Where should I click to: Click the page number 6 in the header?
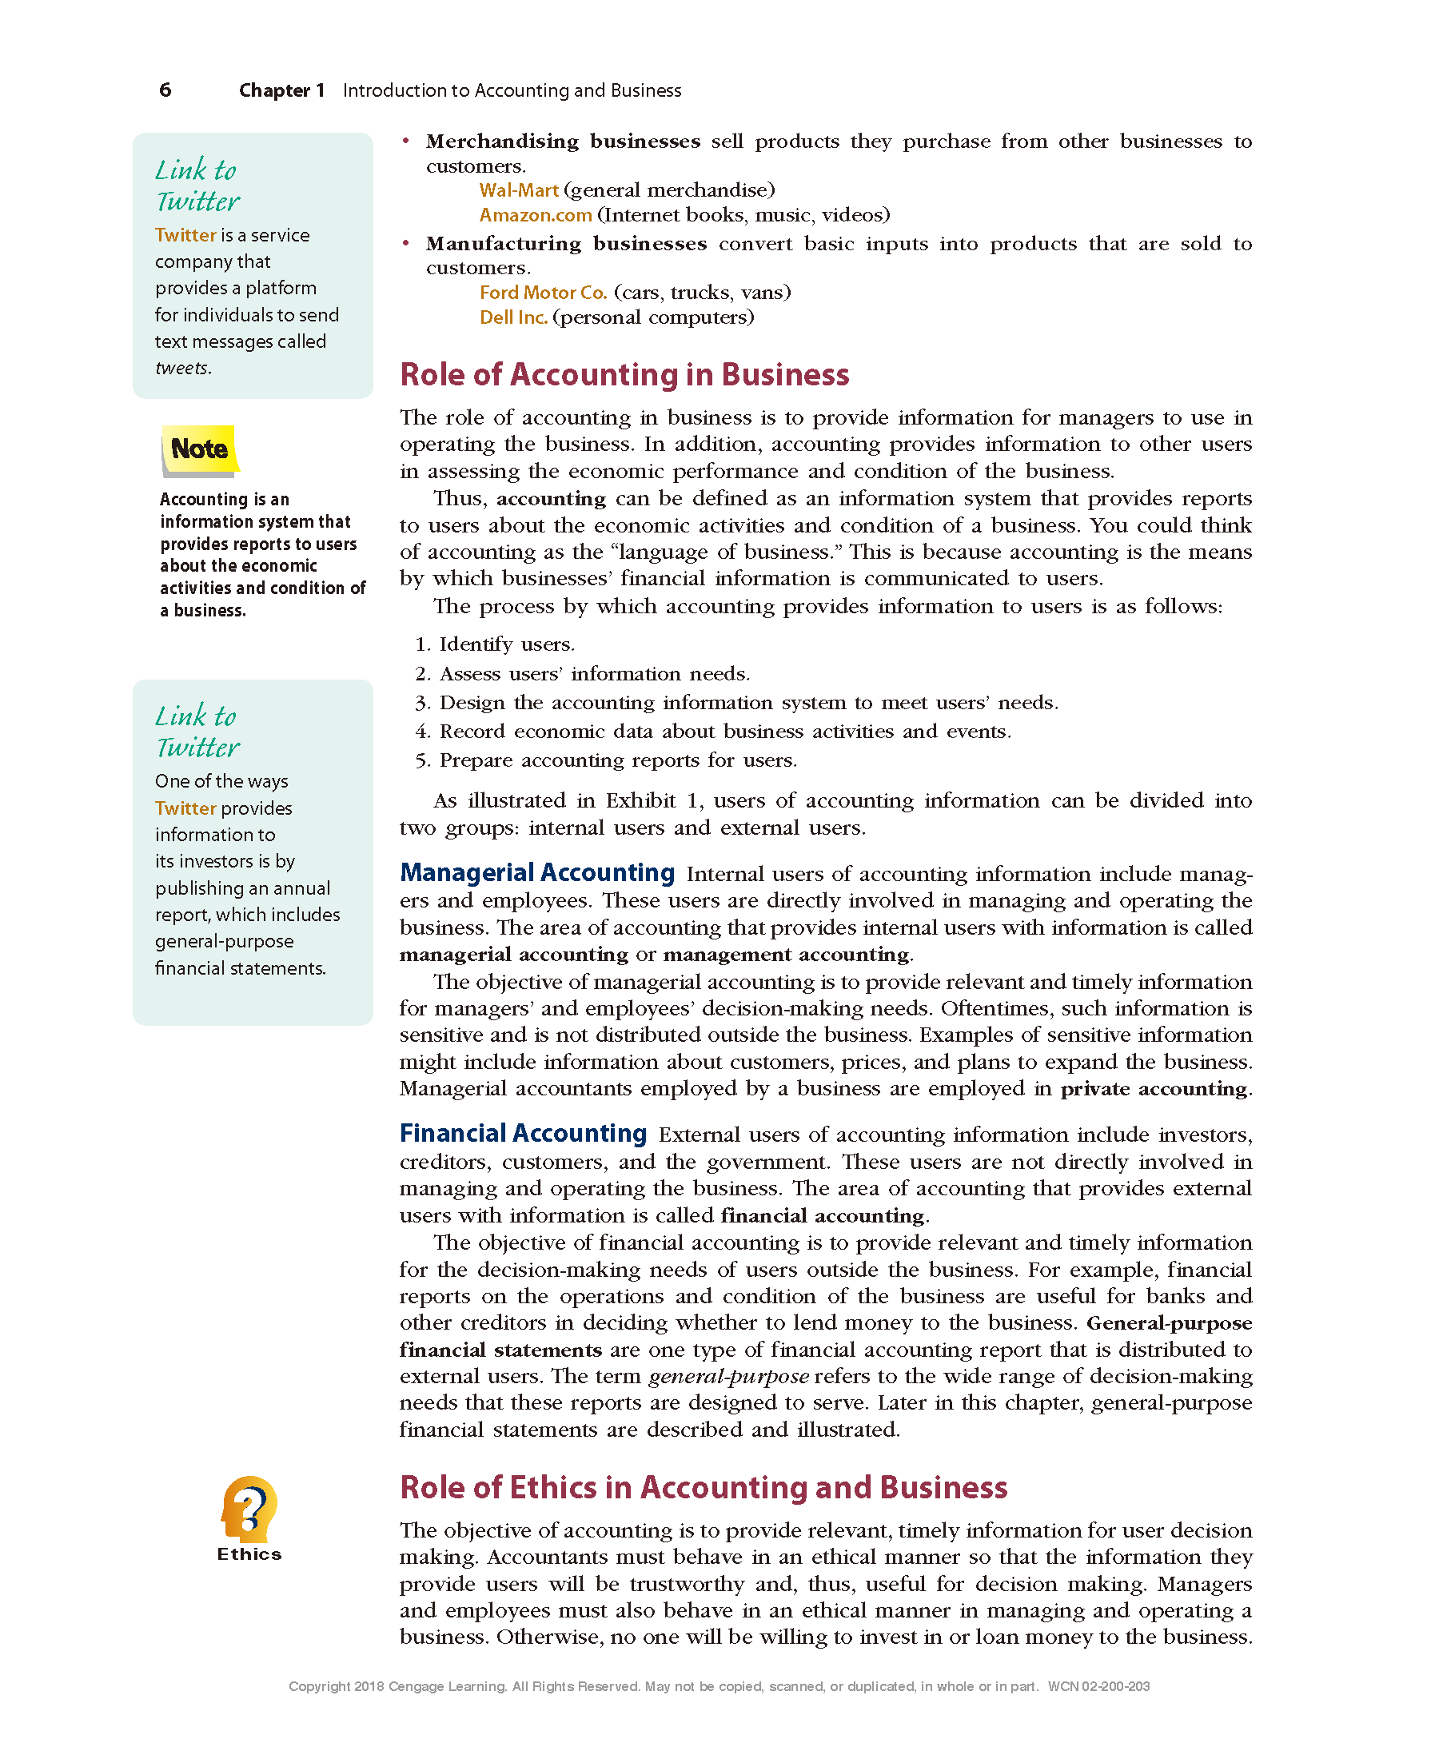[x=165, y=90]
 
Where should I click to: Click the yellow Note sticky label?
[x=200, y=449]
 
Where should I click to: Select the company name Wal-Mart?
[x=519, y=190]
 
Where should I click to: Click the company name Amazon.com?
[x=536, y=215]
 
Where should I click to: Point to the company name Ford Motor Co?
[x=543, y=293]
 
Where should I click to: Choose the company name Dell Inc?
[x=513, y=317]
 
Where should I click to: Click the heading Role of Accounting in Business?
[x=624, y=374]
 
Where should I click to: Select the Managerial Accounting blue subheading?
[x=537, y=872]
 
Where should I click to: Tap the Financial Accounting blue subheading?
[x=524, y=1133]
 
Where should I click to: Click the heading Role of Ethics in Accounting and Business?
[x=703, y=1487]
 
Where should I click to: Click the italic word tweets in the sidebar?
[x=182, y=368]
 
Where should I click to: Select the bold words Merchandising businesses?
[x=563, y=142]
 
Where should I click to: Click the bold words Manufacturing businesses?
[x=566, y=243]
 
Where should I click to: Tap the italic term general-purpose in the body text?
[x=728, y=1376]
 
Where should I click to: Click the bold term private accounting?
[x=1154, y=1088]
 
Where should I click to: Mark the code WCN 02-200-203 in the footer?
[x=1098, y=1686]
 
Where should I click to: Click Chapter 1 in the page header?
[x=281, y=90]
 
